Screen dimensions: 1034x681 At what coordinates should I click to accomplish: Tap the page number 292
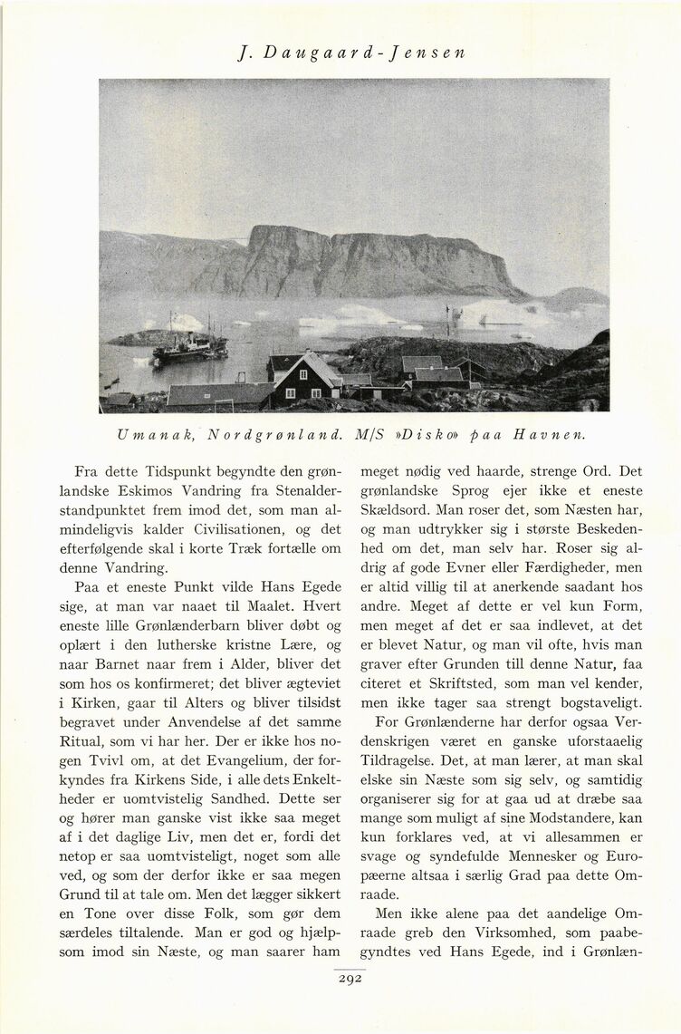(x=349, y=979)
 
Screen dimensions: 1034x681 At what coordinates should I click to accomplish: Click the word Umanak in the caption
(x=145, y=434)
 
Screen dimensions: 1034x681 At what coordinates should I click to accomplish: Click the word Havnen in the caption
(x=550, y=434)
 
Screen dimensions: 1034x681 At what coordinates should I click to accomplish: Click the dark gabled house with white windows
(x=305, y=381)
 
